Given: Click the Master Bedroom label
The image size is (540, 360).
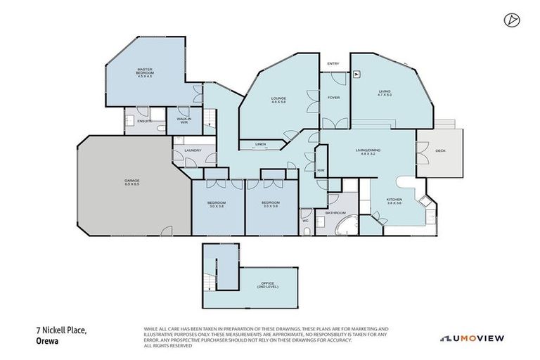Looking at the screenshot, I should tap(145, 72).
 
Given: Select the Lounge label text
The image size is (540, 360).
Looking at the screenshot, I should tap(278, 100).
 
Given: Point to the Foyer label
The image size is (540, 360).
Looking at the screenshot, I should tap(333, 97).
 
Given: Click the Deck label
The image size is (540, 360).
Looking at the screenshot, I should tap(440, 150).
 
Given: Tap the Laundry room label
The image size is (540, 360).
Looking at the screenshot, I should tap(193, 150).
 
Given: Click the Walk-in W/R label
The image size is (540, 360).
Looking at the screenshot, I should tap(184, 120).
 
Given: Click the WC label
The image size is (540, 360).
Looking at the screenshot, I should tap(305, 221).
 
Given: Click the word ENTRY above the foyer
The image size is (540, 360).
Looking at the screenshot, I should tap(333, 64).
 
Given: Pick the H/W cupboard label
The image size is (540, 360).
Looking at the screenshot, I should tap(320, 170).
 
